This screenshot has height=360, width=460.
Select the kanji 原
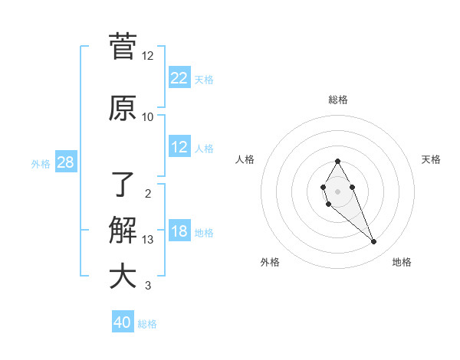coord(123,108)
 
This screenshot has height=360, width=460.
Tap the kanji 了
coord(123,183)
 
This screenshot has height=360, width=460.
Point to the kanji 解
coord(123,230)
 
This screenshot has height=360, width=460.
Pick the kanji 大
coord(123,276)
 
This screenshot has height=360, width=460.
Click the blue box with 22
coord(179,78)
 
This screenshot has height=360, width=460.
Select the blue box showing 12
coord(179,147)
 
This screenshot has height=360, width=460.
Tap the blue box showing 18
coord(179,232)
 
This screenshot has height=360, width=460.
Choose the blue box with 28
coord(65,162)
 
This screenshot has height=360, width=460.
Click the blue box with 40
coord(123,322)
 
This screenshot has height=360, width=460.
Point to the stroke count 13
coord(148,240)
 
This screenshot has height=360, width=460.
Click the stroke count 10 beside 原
coord(148,116)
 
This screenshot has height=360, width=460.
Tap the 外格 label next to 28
coord(41,163)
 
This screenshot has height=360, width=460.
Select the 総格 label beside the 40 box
coord(147,324)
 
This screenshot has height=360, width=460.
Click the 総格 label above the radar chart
coord(338,100)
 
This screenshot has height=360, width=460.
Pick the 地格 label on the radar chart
coord(402,262)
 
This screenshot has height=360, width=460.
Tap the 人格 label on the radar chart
coord(245,159)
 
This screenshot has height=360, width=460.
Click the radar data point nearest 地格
coord(373,242)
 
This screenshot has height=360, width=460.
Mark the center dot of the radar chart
coord(337,190)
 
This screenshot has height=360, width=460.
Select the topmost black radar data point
coord(337,161)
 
